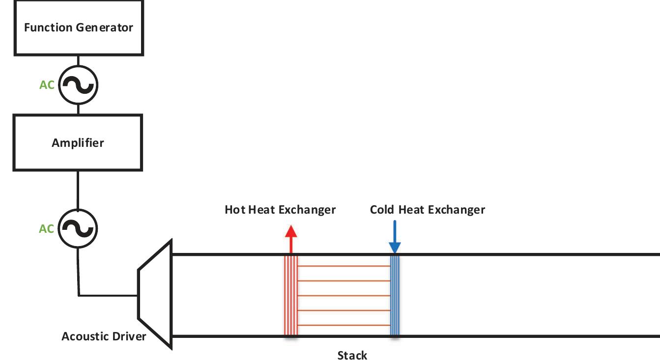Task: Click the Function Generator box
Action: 79,27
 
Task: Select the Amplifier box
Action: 78,142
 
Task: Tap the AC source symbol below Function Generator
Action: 78,85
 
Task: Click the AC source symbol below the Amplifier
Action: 78,228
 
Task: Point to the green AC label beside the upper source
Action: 47,85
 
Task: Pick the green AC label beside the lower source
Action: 47,229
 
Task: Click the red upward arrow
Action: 291,239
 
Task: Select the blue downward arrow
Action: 395,239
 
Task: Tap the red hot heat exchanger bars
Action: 291,295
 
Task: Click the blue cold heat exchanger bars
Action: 395,295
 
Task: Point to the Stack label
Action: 352,355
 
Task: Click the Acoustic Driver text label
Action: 104,336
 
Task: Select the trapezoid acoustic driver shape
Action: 155,295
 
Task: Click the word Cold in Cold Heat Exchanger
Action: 382,210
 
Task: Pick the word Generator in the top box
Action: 107,27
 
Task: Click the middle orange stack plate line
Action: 344,296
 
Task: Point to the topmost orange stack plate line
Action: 344,266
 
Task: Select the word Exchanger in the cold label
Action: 457,210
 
